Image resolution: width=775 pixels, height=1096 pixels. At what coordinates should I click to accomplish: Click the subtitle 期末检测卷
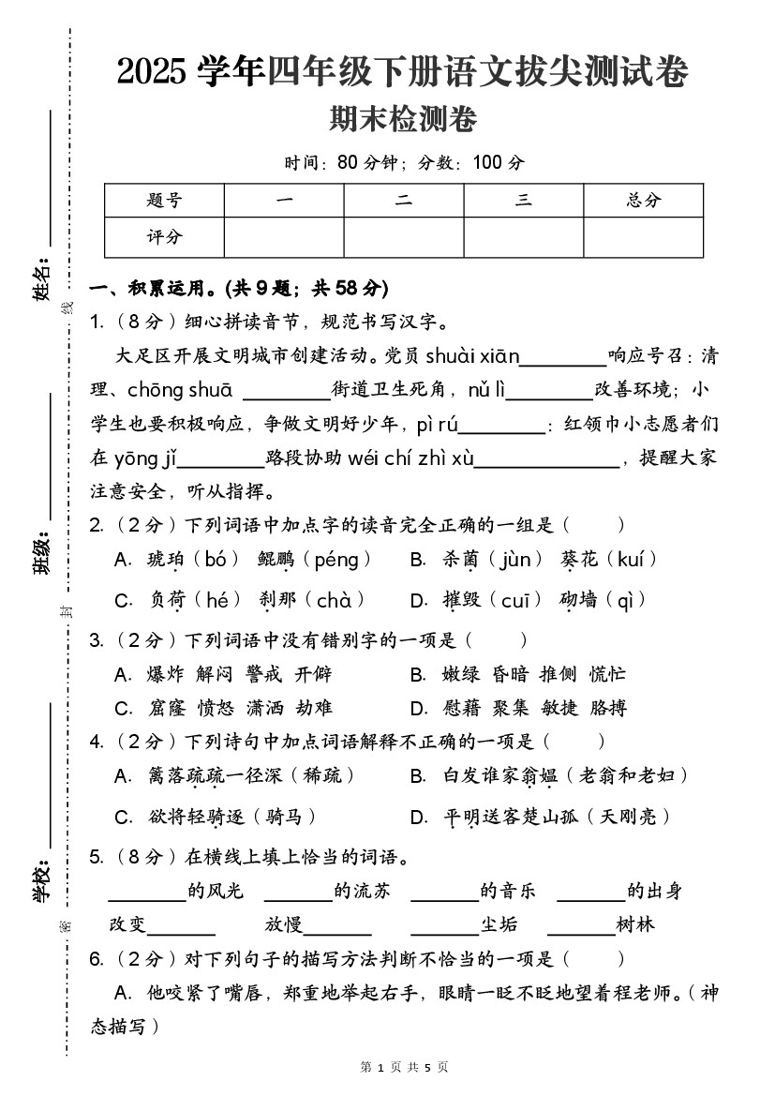pos(403,120)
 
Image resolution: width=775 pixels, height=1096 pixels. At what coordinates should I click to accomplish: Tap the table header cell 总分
pos(643,200)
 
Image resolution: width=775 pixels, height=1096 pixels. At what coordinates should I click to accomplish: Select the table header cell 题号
pos(164,200)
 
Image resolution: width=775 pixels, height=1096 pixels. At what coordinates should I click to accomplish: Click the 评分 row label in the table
pos(164,237)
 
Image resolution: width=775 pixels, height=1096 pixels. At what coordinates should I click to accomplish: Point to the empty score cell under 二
pos(403,237)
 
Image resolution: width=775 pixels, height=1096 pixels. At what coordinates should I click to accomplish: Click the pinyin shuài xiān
pos(472,356)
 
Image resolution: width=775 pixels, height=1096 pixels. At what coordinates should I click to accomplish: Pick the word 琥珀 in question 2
pos(166,561)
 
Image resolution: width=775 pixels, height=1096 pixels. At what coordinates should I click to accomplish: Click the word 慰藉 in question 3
pos(461,708)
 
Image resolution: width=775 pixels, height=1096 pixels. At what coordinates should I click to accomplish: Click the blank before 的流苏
pos(298,892)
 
